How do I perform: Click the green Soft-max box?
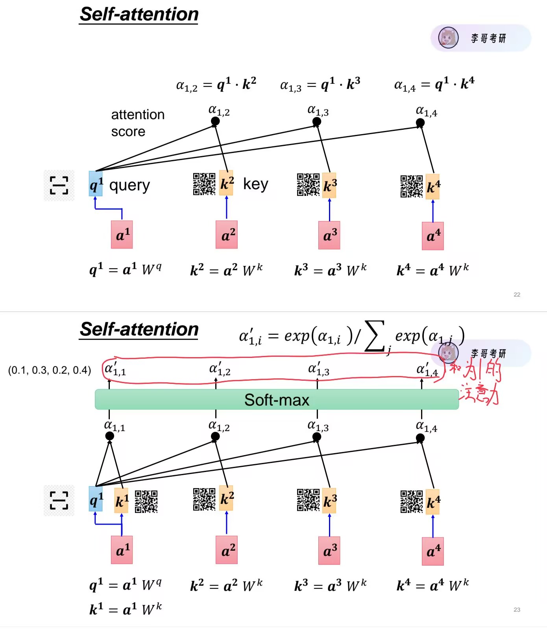click(277, 400)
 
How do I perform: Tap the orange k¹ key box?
click(121, 501)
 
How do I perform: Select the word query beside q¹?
click(129, 185)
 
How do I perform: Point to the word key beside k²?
click(255, 184)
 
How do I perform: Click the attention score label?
click(137, 123)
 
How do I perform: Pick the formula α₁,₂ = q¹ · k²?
click(216, 84)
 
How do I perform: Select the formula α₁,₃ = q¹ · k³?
click(320, 84)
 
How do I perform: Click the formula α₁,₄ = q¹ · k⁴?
click(434, 84)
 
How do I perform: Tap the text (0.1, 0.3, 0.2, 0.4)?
click(50, 370)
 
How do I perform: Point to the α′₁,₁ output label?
click(115, 369)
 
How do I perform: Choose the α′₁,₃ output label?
click(318, 369)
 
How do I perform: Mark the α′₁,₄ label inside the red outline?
click(427, 370)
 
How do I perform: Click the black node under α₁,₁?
click(110, 436)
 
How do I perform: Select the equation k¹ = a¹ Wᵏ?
click(126, 609)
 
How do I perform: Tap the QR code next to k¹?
click(146, 501)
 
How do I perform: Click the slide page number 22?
click(517, 295)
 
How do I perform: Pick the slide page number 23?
click(517, 610)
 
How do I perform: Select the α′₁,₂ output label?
click(220, 369)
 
